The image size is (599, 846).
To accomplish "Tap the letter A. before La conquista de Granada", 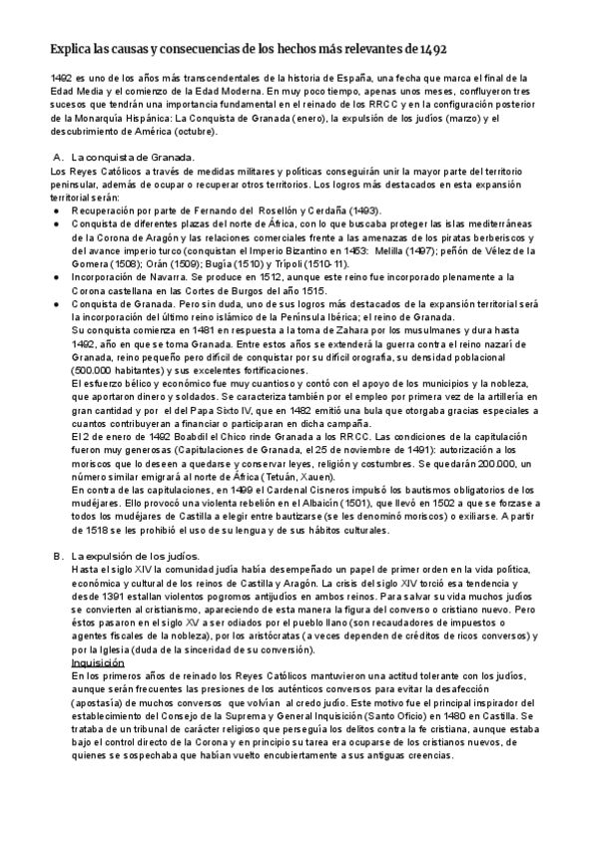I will tap(57, 158).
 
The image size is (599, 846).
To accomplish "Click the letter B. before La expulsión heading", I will tap(57, 555).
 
